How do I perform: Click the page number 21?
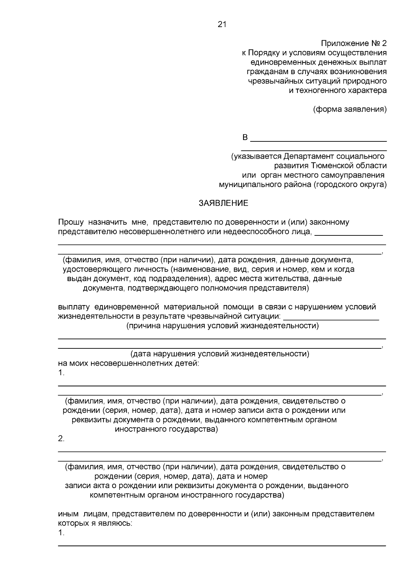coord(222,24)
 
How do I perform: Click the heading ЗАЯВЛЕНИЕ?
coord(223,203)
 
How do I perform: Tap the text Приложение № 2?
coord(354,44)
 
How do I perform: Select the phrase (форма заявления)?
coord(350,109)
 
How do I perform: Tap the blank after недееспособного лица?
coord(348,233)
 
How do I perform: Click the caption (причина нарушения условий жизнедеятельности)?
coord(222,326)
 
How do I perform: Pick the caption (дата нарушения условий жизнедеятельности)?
coord(220,354)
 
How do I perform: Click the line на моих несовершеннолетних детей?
coord(129,364)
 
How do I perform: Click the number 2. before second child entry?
coord(61,439)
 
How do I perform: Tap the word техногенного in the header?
coord(326,91)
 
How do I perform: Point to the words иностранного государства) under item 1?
coord(166,430)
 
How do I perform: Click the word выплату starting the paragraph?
coord(74,307)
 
